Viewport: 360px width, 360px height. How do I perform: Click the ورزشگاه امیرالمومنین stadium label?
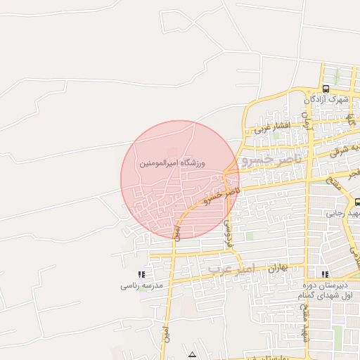coord(172,163)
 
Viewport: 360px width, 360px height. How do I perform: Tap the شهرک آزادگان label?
coord(329,99)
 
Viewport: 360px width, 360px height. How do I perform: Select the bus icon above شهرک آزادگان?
coord(326,89)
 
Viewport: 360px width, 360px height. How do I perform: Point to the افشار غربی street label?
coord(272,127)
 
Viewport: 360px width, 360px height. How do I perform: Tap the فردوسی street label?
coord(227,231)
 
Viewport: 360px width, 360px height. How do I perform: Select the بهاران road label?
coord(278,268)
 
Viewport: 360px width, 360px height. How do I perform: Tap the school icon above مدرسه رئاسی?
coord(141,275)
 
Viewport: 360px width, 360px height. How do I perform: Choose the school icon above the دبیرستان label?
coord(324,274)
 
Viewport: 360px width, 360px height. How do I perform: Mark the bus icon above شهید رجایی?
coord(356,202)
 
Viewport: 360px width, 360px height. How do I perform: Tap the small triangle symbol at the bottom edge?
coord(193,354)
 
